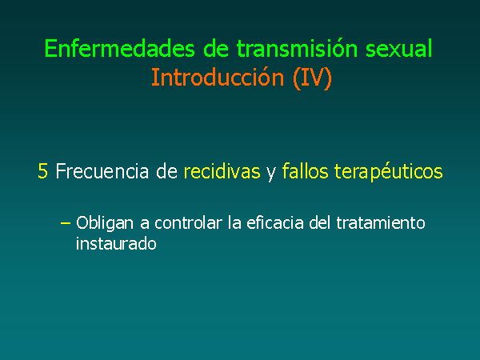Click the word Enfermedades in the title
tap(120, 48)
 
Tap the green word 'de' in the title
tap(216, 48)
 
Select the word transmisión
tap(297, 48)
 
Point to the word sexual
tap(399, 48)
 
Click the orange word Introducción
tap(218, 77)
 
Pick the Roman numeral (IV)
tap(312, 78)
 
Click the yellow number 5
tap(42, 171)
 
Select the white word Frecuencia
tap(102, 171)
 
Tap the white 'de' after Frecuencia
tap(166, 171)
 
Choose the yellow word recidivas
tap(222, 171)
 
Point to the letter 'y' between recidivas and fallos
tap(271, 174)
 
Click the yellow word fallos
tap(305, 171)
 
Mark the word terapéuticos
tap(389, 172)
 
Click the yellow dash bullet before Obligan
tap(66, 223)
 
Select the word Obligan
tap(105, 223)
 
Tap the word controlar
tap(188, 222)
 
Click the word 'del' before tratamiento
tap(319, 222)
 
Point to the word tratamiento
tap(381, 222)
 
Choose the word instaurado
tap(116, 244)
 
